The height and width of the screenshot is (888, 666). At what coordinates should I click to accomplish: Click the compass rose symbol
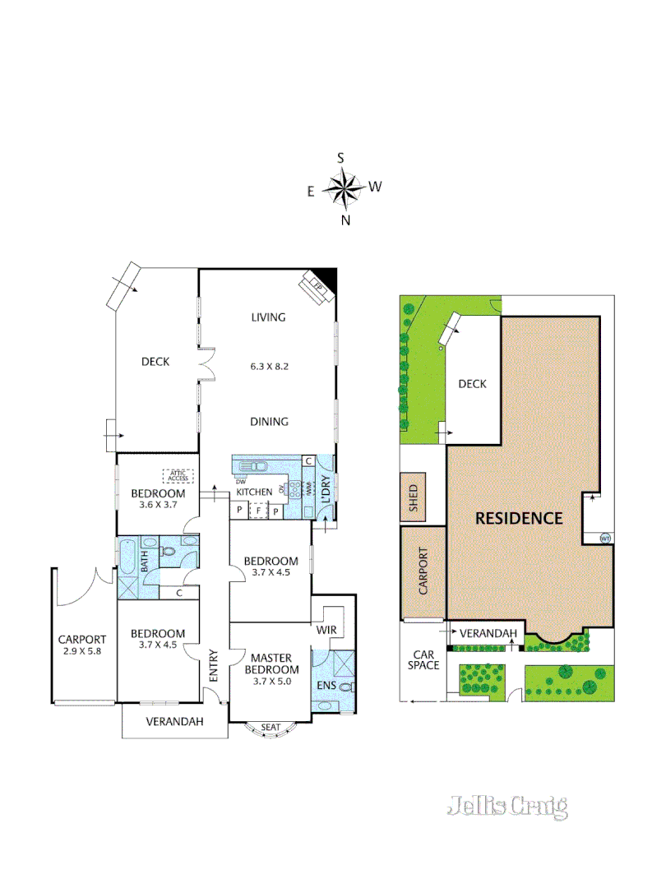point(343,188)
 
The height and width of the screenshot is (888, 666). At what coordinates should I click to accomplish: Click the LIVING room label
point(268,317)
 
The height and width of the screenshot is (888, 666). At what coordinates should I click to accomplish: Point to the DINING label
point(269,422)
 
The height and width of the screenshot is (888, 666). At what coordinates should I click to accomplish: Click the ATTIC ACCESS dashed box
point(178,475)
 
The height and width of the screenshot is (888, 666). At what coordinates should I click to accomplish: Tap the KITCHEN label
point(254,492)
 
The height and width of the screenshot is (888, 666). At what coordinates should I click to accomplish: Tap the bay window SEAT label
point(270,728)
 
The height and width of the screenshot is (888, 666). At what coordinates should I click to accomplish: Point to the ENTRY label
point(213,665)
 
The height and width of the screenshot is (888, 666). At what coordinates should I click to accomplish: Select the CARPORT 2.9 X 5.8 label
point(82,645)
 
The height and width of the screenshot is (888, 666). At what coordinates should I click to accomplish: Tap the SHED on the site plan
point(414,497)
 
